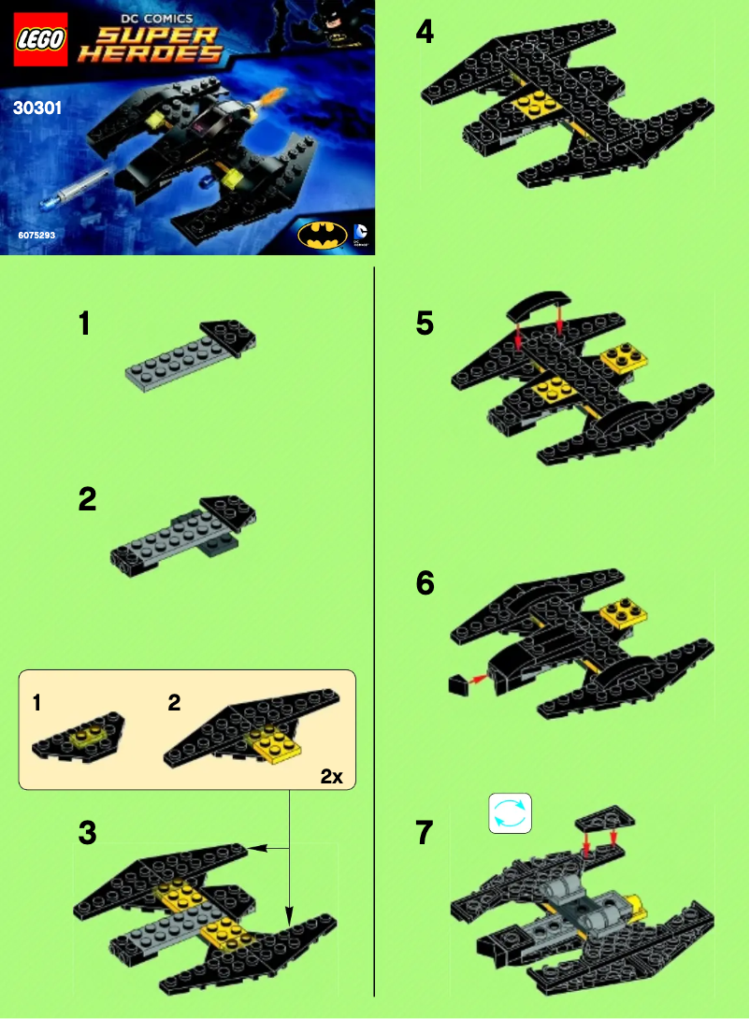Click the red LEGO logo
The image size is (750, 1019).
(x=40, y=38)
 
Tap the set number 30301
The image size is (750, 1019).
(x=37, y=108)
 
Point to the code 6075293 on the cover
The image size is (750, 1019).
(x=36, y=236)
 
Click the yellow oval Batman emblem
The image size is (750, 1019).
(x=322, y=234)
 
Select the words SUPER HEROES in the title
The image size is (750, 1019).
(x=150, y=45)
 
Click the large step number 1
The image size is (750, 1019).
(x=85, y=324)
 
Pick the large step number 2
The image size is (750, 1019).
(x=87, y=499)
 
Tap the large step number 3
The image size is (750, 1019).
(x=87, y=833)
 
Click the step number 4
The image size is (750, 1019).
(x=425, y=33)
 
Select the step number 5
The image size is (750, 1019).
(x=425, y=324)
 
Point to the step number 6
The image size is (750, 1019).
(x=425, y=583)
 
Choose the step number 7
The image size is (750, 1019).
(x=425, y=832)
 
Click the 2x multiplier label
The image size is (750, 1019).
(x=332, y=775)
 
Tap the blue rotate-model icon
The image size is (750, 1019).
(x=510, y=812)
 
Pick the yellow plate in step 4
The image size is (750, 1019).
(x=526, y=105)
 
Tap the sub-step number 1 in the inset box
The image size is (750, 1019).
(x=36, y=703)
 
